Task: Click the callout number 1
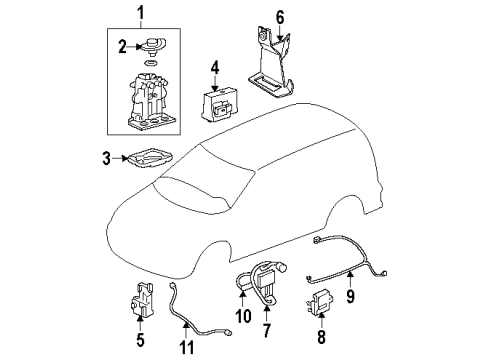[x=140, y=14]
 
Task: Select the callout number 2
[x=120, y=45]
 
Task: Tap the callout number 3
[x=105, y=157]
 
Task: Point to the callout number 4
[x=214, y=69]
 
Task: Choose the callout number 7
[x=265, y=329]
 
